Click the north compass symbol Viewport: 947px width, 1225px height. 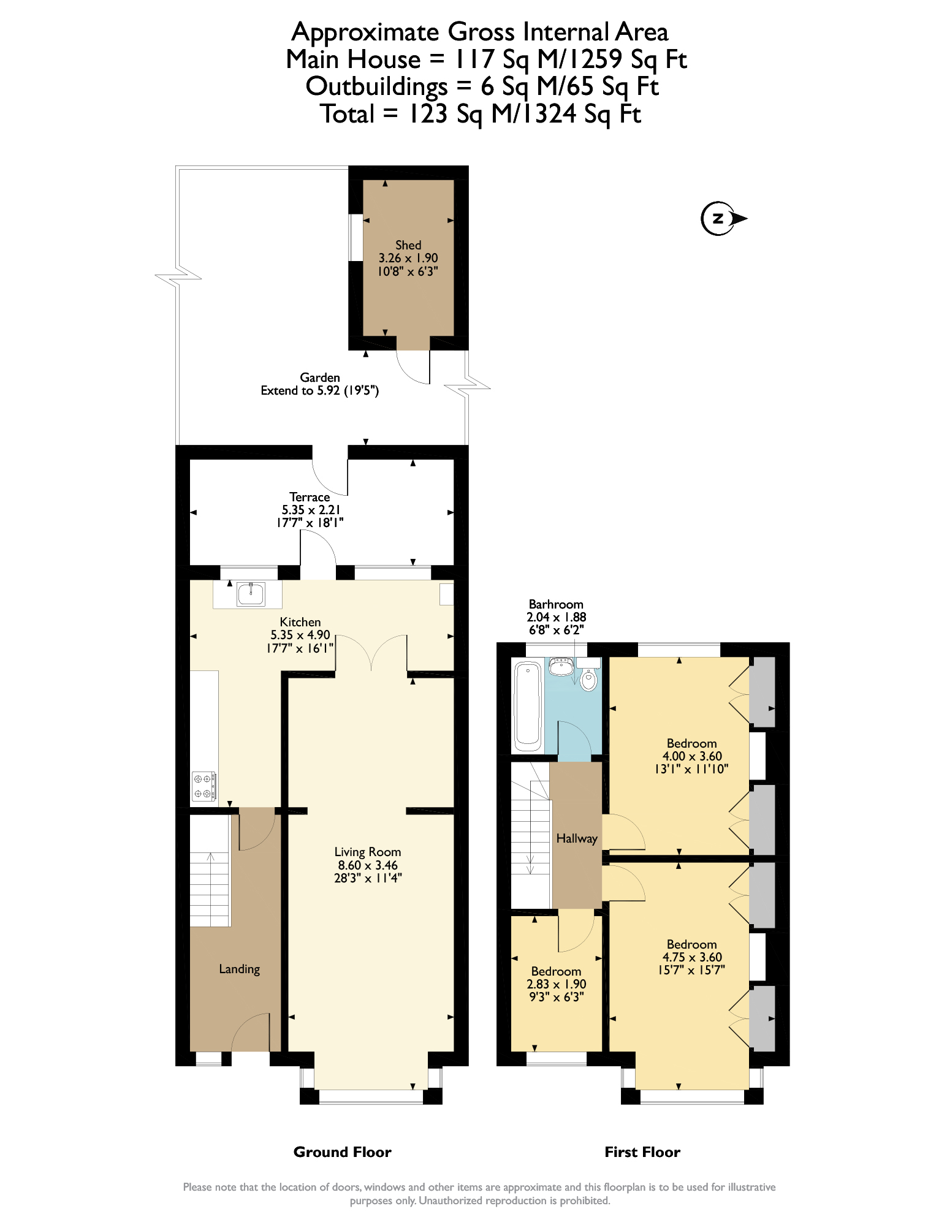tap(719, 218)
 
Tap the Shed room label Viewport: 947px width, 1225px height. tap(408, 245)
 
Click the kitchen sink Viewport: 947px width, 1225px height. tap(251, 594)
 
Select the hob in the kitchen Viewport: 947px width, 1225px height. tap(203, 786)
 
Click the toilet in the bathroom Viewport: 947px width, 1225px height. tap(588, 678)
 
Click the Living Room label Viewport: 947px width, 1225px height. tap(368, 852)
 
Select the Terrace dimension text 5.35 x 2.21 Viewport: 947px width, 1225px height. tap(311, 510)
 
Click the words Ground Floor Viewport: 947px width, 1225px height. tap(342, 1152)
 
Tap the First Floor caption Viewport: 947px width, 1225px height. tap(642, 1152)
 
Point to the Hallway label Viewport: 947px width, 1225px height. tap(577, 838)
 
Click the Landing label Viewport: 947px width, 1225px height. tap(240, 969)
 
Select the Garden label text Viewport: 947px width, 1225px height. tap(320, 377)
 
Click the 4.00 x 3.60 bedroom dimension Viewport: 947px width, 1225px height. tap(692, 756)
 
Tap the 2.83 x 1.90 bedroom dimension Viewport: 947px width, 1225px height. tap(557, 984)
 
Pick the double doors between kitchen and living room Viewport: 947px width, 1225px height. tap(371, 653)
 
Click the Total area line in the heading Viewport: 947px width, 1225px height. tap(480, 114)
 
